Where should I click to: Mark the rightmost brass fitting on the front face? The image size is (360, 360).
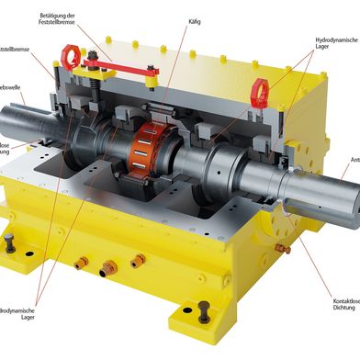[x=137, y=261]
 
